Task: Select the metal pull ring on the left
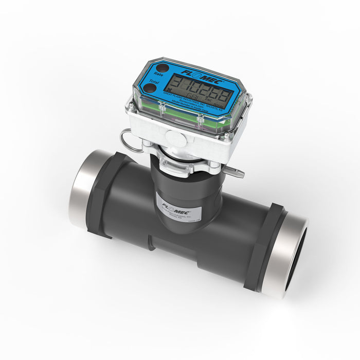(130, 141)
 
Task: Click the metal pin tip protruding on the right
(235, 173)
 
